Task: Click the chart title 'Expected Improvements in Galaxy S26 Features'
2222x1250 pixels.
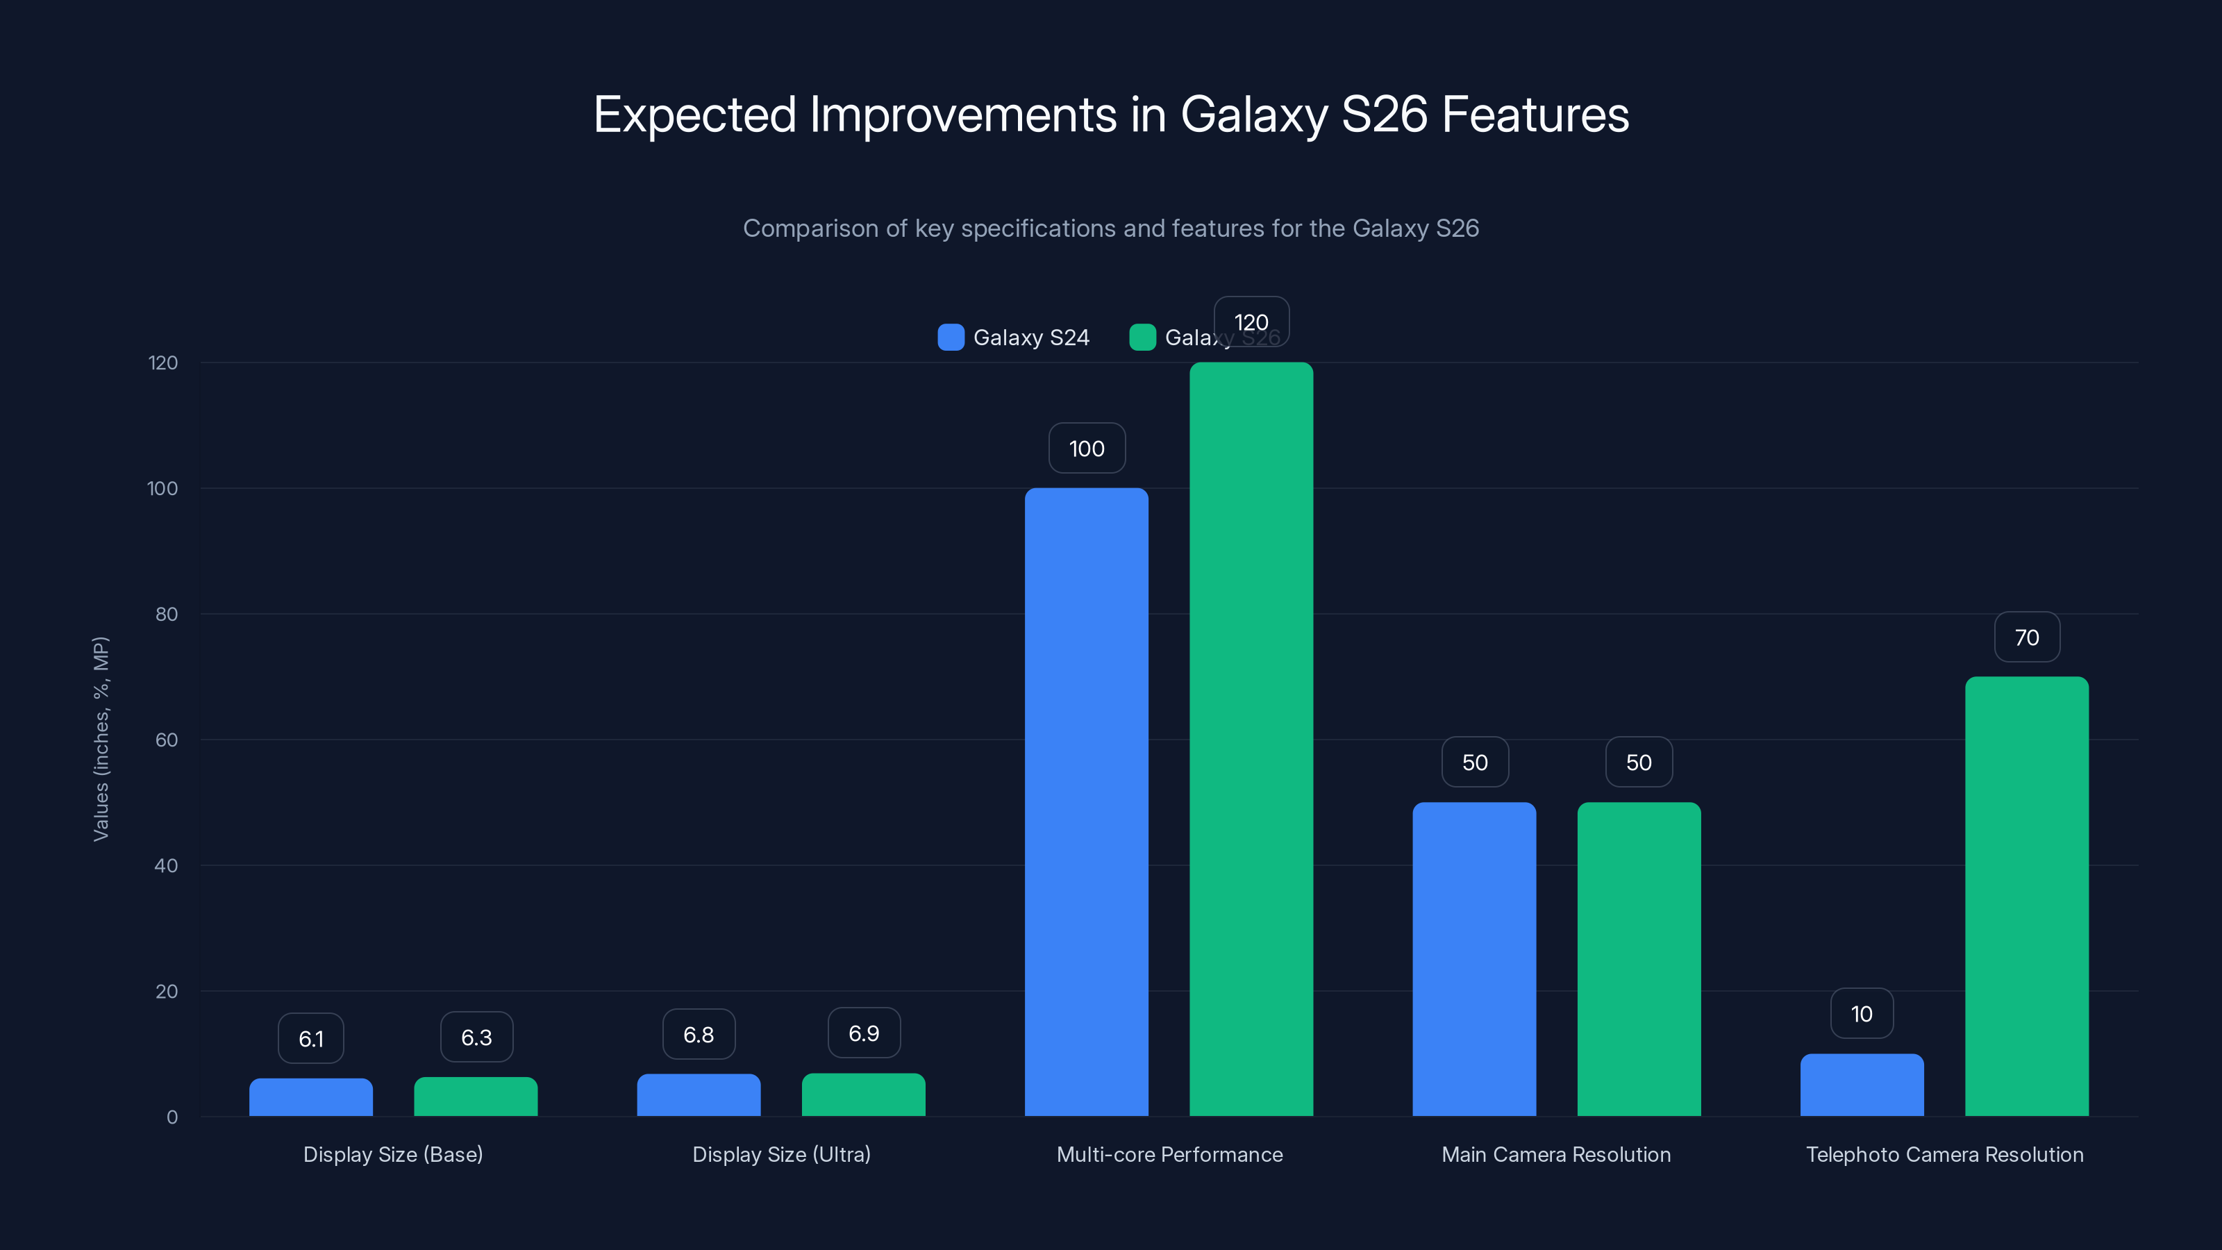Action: (1111, 115)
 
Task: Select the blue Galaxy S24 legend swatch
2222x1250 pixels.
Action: (951, 337)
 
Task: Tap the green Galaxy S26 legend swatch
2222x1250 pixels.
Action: (1142, 337)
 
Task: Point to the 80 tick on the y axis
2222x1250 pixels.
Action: (167, 614)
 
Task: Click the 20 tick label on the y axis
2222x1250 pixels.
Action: (167, 991)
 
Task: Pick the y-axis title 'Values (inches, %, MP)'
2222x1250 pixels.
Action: (101, 738)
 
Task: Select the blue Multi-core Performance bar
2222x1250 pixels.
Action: (1086, 802)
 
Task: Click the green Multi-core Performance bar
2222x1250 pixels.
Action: (1251, 740)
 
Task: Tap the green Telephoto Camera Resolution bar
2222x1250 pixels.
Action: (2026, 897)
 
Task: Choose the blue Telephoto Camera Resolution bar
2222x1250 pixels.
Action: (1862, 1085)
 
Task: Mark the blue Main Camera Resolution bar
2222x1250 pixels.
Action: (1474, 959)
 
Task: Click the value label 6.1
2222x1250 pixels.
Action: (310, 1039)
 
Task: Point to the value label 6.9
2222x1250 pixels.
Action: (863, 1033)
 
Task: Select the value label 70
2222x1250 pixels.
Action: (2026, 637)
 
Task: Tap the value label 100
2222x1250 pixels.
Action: (1086, 449)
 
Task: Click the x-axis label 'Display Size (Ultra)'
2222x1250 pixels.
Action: (781, 1154)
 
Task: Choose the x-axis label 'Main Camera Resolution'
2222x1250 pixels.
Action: (1556, 1154)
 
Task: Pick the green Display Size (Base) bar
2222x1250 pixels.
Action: (475, 1097)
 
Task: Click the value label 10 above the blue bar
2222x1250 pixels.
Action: (1862, 1014)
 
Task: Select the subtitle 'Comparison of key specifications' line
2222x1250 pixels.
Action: (1111, 228)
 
